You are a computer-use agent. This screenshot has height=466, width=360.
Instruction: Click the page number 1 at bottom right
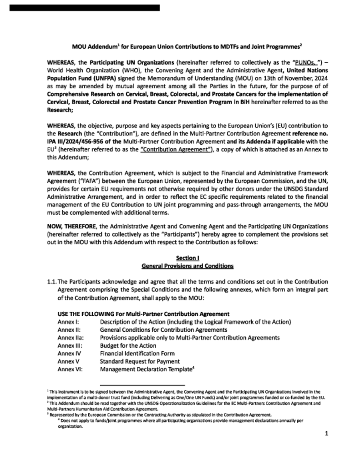pos(326,434)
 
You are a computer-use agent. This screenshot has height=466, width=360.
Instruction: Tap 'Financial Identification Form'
pos(137,353)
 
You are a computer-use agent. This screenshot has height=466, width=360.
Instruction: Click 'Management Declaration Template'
pos(146,369)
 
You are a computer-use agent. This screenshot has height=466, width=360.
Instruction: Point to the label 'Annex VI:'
pos(70,369)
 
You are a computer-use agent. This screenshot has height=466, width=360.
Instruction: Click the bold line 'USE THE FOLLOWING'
pos(86,314)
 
